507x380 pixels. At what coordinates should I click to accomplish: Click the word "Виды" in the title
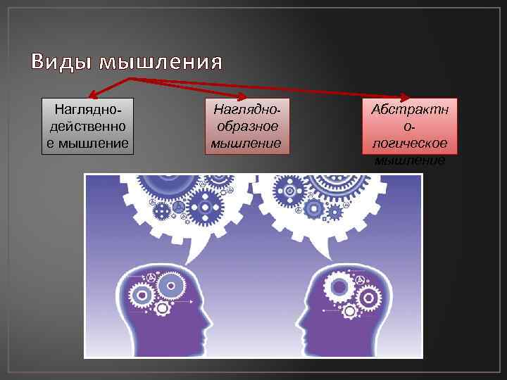61,63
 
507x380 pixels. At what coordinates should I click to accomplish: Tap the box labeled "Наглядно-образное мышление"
246,125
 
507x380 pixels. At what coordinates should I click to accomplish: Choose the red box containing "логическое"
410,127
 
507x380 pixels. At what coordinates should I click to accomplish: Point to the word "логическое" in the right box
409,143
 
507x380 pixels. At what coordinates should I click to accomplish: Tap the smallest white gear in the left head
163,308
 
